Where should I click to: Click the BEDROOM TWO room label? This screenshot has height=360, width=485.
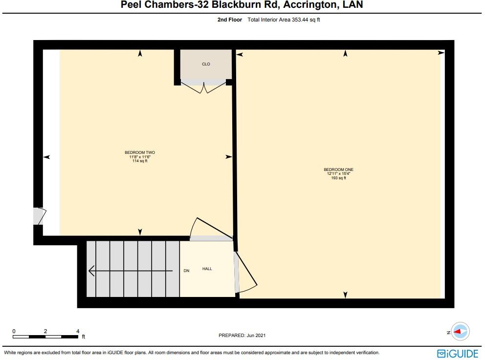tap(140, 152)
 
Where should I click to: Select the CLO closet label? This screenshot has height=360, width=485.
tap(206, 64)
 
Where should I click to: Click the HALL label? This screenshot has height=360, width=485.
tap(207, 269)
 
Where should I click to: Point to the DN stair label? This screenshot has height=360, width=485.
tap(186, 271)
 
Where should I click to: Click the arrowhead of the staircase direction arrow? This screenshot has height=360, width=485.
tap(91, 271)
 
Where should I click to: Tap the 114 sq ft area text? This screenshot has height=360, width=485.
tap(140, 161)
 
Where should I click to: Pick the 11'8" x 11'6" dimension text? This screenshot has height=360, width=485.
tap(140, 157)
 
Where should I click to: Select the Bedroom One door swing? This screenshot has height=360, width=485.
tap(246, 272)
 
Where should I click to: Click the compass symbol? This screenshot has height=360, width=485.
tap(460, 332)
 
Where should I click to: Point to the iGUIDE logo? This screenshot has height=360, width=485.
tap(458, 353)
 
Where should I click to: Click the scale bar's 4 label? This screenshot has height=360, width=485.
tap(78, 331)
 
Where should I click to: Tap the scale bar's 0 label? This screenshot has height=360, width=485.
tap(14, 331)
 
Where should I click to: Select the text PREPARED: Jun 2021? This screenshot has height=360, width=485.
tap(242, 336)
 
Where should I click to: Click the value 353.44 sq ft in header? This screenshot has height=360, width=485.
tap(304, 20)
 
